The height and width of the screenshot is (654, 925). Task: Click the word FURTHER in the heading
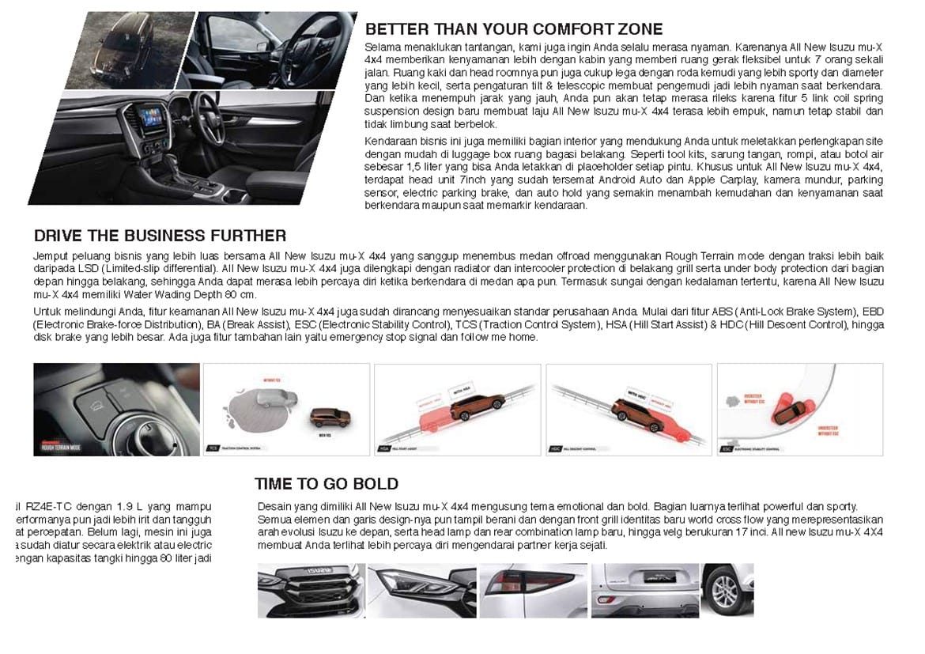point(248,236)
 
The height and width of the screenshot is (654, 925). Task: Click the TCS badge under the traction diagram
point(213,448)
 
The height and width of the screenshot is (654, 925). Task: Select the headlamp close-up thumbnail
point(421,590)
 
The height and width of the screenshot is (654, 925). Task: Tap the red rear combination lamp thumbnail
point(532,590)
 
